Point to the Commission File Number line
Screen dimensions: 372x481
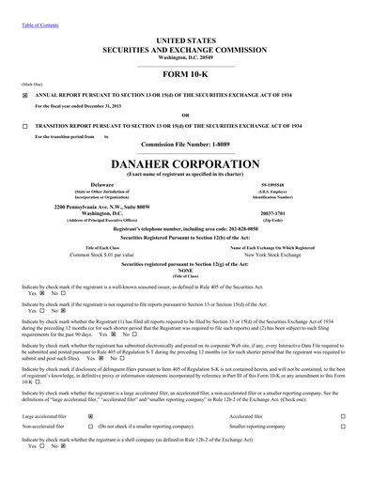pyautogui.click(x=185, y=145)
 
